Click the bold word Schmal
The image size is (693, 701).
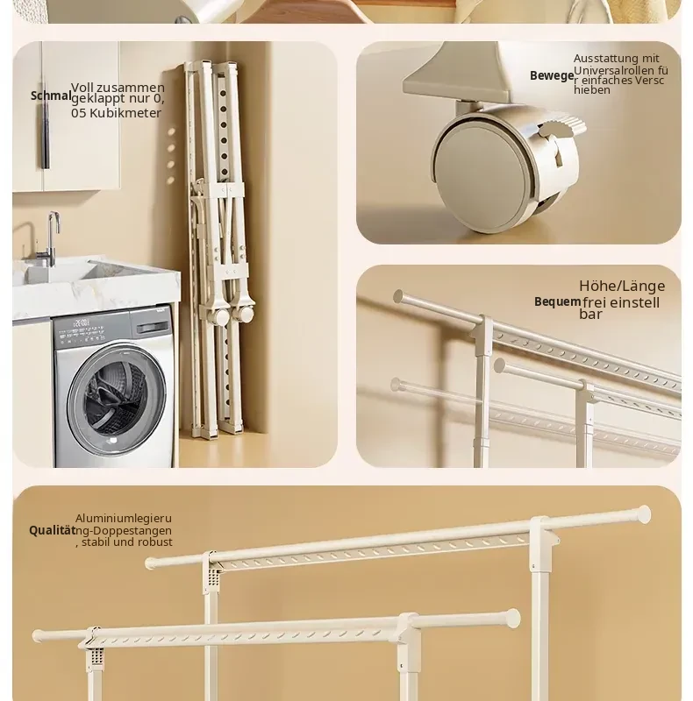[x=51, y=96]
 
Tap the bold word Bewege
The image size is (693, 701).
[x=552, y=76]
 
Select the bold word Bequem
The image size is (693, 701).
[x=557, y=301]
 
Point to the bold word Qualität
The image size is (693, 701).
[x=52, y=531]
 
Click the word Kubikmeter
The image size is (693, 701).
[x=125, y=113]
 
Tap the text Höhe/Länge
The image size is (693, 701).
[x=622, y=286]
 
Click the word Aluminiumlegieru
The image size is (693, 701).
[x=124, y=519]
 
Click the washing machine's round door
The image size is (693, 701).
[x=115, y=393]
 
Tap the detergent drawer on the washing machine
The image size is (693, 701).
[x=151, y=328]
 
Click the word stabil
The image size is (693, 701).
[x=96, y=542]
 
